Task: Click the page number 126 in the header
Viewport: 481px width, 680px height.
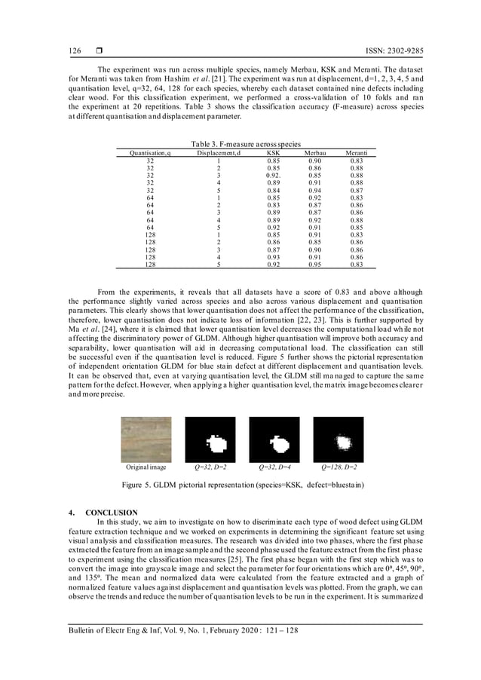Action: (x=75, y=51)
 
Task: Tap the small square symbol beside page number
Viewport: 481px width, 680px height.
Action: (x=98, y=51)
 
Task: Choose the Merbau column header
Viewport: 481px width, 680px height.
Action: (x=315, y=153)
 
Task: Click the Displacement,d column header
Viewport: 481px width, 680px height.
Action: (x=218, y=153)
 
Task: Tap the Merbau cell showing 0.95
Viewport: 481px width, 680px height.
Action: (x=315, y=265)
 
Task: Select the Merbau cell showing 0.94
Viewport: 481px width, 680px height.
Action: (x=315, y=191)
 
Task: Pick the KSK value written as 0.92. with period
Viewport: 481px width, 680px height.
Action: (x=273, y=175)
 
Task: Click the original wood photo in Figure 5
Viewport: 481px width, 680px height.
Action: (x=146, y=440)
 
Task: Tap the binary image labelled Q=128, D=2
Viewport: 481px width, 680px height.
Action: (x=339, y=440)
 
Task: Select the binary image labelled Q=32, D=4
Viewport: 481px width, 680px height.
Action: (x=274, y=440)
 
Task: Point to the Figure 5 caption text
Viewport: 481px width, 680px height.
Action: (x=240, y=486)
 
